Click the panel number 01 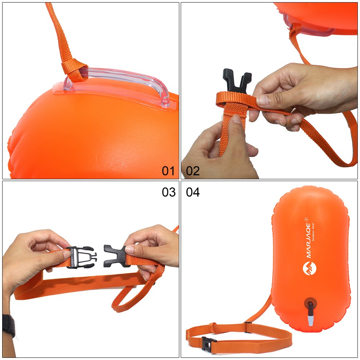point(168,171)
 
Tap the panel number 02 point(193,171)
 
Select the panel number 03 point(168,192)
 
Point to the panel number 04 point(193,192)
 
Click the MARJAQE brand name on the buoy point(309,242)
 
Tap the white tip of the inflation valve point(310,319)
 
